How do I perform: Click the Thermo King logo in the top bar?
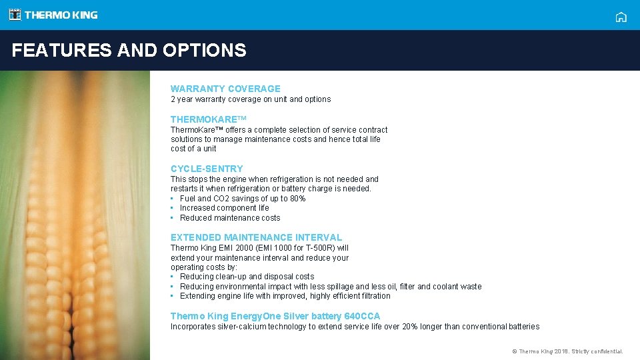pyautogui.click(x=53, y=15)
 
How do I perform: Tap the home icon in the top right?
pyautogui.click(x=621, y=17)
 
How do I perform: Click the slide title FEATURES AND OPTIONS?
pyautogui.click(x=129, y=50)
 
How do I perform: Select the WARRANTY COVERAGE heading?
pyautogui.click(x=225, y=89)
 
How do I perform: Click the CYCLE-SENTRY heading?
pyautogui.click(x=207, y=169)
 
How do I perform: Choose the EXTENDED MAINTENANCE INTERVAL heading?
pyautogui.click(x=256, y=237)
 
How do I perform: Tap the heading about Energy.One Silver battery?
pyautogui.click(x=275, y=316)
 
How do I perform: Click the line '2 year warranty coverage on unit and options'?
pyautogui.click(x=251, y=99)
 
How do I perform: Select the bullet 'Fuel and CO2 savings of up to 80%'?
pyautogui.click(x=243, y=199)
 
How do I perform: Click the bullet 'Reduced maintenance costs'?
pyautogui.click(x=230, y=218)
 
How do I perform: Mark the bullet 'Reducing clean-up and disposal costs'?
pyautogui.click(x=247, y=277)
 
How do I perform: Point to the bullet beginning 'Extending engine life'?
pyautogui.click(x=285, y=296)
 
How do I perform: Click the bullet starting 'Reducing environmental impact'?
pyautogui.click(x=330, y=287)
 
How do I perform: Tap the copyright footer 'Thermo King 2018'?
pyautogui.click(x=567, y=351)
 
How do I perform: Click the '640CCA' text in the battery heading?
pyautogui.click(x=363, y=316)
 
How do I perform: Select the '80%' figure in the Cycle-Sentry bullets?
pyautogui.click(x=297, y=199)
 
